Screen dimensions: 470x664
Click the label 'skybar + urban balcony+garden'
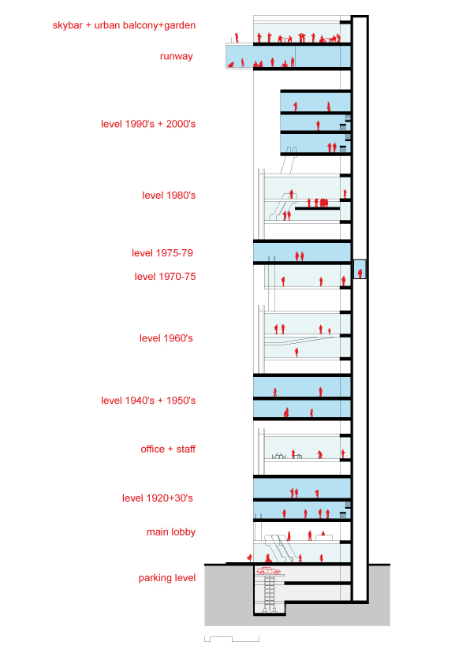tap(124, 25)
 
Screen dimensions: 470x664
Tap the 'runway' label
tap(176, 56)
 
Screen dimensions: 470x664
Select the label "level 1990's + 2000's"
tap(148, 124)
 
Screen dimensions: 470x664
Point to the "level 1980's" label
tap(169, 196)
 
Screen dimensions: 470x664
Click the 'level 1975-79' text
tap(162, 253)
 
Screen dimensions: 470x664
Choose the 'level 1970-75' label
tap(165, 277)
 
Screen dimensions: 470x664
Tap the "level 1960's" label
tap(166, 338)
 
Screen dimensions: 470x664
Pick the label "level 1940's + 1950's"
tap(148, 401)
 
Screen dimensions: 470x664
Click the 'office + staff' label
tap(168, 450)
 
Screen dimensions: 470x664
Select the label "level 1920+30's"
tap(158, 498)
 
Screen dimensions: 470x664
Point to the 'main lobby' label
tap(171, 532)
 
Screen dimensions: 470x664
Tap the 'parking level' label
tap(167, 578)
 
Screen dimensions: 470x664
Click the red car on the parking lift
tap(268, 571)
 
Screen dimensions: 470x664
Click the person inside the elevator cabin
tap(360, 273)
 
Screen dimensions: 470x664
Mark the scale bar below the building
tap(232, 639)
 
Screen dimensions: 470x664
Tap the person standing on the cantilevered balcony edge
tap(237, 38)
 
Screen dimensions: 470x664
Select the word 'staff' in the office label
tap(186, 450)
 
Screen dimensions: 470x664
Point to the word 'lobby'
tap(184, 532)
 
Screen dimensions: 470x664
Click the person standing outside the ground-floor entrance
tap(250, 558)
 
